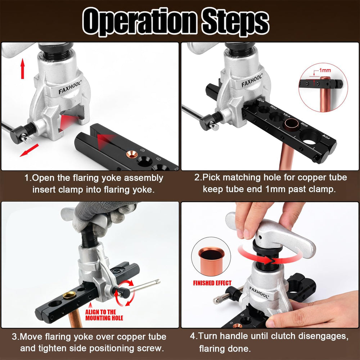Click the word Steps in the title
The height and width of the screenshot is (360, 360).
(235, 22)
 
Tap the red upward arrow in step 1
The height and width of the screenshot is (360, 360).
(22, 68)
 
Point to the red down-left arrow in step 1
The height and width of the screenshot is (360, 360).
(29, 150)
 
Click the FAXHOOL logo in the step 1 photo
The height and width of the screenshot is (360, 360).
(70, 87)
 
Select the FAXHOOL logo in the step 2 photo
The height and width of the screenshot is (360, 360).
(252, 80)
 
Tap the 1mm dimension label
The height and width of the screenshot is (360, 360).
(325, 70)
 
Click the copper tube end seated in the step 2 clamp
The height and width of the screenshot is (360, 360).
(292, 124)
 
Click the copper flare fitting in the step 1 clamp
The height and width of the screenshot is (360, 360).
(132, 154)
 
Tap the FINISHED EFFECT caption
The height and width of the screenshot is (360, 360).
(212, 283)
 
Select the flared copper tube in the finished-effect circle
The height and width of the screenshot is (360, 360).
(211, 261)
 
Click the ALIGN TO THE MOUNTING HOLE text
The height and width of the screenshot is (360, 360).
(104, 315)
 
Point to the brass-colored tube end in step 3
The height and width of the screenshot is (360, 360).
(69, 295)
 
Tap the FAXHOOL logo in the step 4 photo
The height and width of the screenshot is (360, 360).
(259, 292)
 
